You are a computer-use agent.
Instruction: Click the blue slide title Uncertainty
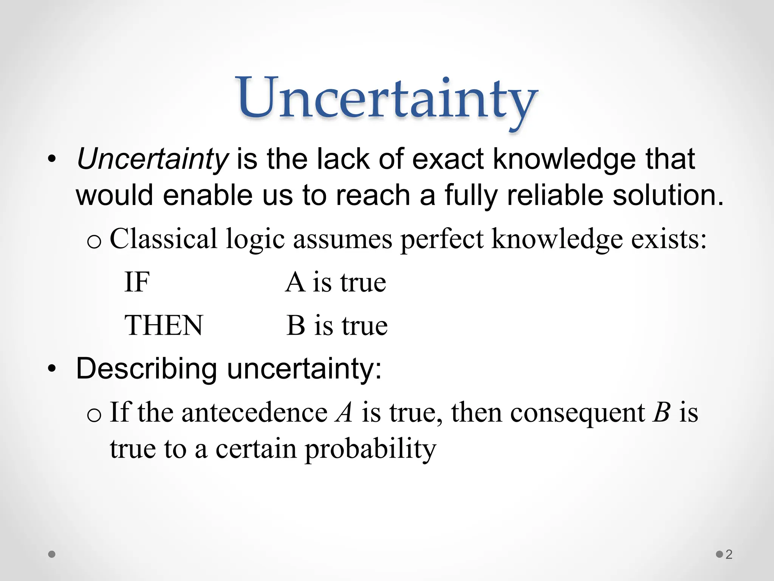coord(387,99)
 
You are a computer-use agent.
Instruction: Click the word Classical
coord(163,239)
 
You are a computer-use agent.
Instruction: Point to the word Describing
coord(147,369)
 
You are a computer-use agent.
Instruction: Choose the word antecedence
coord(254,412)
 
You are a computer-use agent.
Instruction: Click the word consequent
coord(577,412)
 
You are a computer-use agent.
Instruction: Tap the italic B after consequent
coord(662,412)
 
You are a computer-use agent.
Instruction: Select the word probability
coord(370,449)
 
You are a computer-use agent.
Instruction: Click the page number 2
coord(729,555)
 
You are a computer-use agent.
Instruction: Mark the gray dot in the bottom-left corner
coord(52,555)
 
